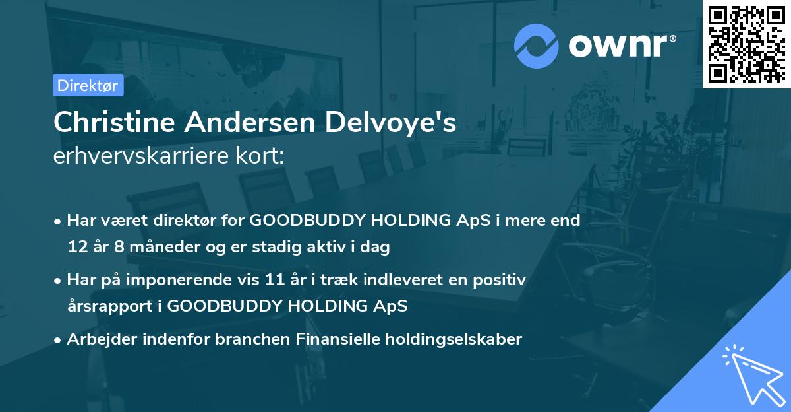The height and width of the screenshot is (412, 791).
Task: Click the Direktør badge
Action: point(88,85)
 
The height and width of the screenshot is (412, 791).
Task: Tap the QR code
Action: point(746,44)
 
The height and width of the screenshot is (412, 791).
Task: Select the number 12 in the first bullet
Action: point(77,248)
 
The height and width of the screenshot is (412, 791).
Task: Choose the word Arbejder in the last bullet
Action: point(96,339)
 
